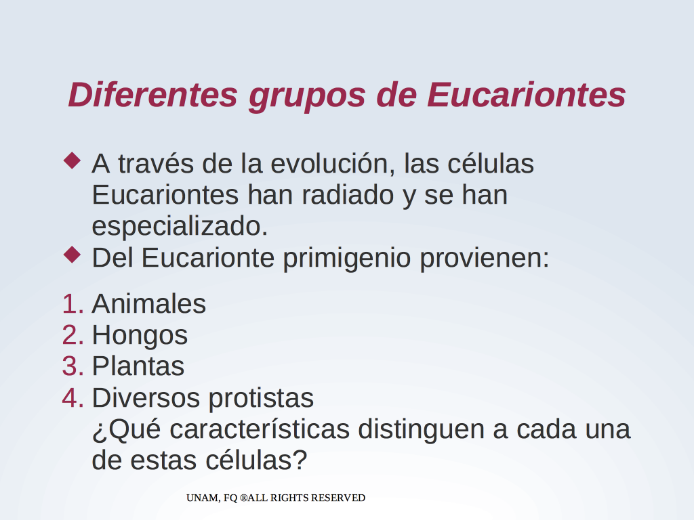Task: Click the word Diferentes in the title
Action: coord(153,95)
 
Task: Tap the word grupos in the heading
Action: coord(307,97)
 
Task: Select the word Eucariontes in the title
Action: coord(526,95)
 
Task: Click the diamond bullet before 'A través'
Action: coord(72,160)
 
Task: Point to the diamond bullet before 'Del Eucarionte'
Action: coord(72,255)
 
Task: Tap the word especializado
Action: coord(180,227)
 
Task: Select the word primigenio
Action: coord(346,259)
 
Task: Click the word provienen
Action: coord(484,259)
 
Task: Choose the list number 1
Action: coord(73,304)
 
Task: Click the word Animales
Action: coord(148,304)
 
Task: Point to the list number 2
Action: coord(73,335)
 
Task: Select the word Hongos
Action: coord(140,336)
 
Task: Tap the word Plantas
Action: coord(138,366)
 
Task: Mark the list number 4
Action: coord(73,398)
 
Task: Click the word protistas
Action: coord(261,399)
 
